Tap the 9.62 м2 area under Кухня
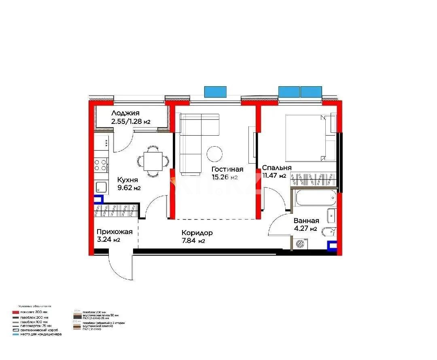pyautogui.click(x=129, y=188)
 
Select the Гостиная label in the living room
pyautogui.click(x=227, y=169)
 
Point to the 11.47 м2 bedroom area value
pyautogui.click(x=274, y=176)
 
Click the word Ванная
pyautogui.click(x=306, y=221)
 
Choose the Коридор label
pyautogui.click(x=197, y=233)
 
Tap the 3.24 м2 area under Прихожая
pyautogui.click(x=108, y=240)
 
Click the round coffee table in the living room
pyautogui.click(x=214, y=153)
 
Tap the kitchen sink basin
pyautogui.click(x=101, y=187)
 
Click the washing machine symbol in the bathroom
pyautogui.click(x=300, y=244)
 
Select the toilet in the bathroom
pyautogui.click(x=328, y=232)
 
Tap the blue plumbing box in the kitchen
pyautogui.click(x=98, y=199)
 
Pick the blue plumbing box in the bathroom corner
pyautogui.click(x=332, y=245)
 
